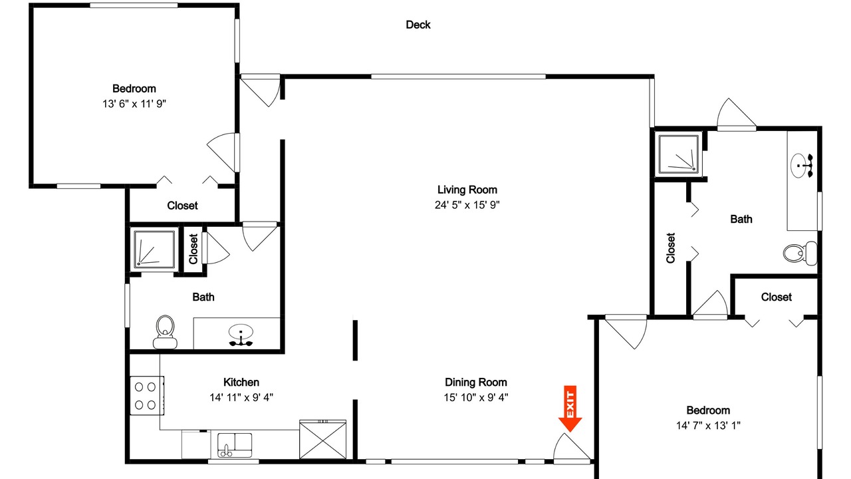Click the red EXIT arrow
pos(570,408)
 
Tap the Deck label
pos(418,25)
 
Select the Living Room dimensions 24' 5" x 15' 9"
pos(467,205)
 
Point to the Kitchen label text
pos(241,382)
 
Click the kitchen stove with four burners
pos(147,395)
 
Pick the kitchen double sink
pos(235,445)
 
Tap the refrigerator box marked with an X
pos(322,440)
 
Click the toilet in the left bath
pos(165,331)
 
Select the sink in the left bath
pos(241,334)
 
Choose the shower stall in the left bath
pos(154,249)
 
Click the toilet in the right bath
pos(800,253)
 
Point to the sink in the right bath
pos(802,166)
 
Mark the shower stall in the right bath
pos(679,154)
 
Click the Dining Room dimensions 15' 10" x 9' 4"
pos(476,397)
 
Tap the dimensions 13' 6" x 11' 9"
pos(134,104)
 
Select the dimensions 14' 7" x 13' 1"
pos(708,425)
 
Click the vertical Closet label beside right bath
pos(671,248)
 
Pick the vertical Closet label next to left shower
pos(193,249)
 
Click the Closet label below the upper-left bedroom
pos(182,206)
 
